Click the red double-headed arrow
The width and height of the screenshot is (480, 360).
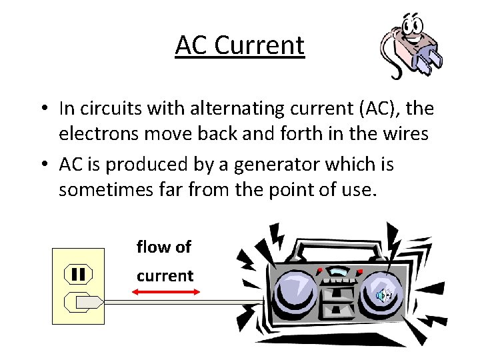coord(163,292)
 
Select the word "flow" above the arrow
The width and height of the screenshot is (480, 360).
coord(151,247)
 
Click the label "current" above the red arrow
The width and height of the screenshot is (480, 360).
coord(165,276)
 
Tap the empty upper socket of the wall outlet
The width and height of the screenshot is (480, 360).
coord(78,273)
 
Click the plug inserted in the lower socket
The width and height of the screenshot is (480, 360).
coord(85,303)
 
